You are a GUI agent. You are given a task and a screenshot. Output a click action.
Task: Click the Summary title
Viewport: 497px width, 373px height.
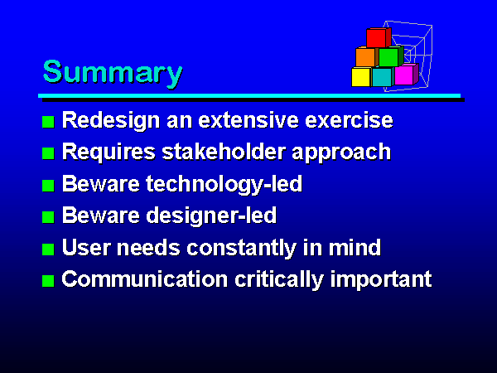point(113,73)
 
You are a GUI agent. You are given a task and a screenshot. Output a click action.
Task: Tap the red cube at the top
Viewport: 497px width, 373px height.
point(379,38)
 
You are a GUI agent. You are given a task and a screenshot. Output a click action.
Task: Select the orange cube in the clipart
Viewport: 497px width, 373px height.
point(367,56)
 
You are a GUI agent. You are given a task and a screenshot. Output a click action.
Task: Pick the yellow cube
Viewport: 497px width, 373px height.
point(361,77)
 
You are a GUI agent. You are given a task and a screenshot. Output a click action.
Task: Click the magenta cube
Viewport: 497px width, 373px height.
point(406,75)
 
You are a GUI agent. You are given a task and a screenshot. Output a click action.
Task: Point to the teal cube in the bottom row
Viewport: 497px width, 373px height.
point(383,77)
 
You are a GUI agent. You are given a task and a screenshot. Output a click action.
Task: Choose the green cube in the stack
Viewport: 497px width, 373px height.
point(391,56)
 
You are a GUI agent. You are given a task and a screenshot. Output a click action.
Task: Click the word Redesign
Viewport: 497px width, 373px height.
point(111,121)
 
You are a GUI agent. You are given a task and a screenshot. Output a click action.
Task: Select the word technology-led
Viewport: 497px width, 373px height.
point(224,184)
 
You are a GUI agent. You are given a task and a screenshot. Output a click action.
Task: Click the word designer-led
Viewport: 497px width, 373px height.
point(211,216)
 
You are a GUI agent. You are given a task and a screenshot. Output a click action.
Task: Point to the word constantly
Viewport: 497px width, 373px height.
point(241,248)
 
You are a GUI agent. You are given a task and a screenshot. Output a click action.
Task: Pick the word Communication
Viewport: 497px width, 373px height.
point(144,279)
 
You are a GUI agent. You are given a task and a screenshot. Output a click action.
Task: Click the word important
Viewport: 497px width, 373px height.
point(381,280)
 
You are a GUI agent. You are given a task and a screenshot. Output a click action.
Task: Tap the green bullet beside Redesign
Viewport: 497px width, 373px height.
point(48,122)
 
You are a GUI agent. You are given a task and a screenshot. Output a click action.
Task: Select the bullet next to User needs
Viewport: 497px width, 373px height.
point(48,249)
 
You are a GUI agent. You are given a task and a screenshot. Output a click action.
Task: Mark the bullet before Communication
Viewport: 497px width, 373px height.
point(48,281)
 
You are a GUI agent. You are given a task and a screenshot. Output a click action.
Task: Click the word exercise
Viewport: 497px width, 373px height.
point(349,120)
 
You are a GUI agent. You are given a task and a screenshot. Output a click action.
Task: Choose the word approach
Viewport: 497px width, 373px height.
point(341,153)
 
